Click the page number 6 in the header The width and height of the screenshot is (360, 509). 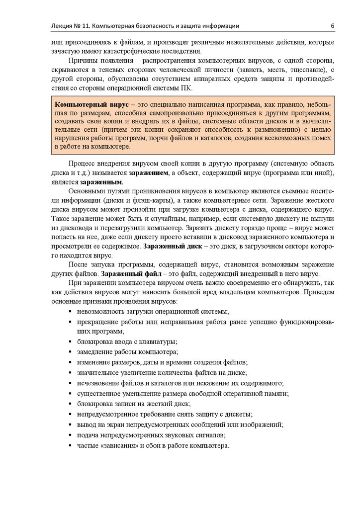pyautogui.click(x=332, y=26)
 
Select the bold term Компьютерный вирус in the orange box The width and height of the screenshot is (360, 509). pyautogui.click(x=91, y=106)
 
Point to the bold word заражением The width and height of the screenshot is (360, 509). pyautogui.click(x=149, y=172)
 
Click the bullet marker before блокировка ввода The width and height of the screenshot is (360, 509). pyautogui.click(x=69, y=342)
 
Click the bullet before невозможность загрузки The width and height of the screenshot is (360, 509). pyautogui.click(x=69, y=312)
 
